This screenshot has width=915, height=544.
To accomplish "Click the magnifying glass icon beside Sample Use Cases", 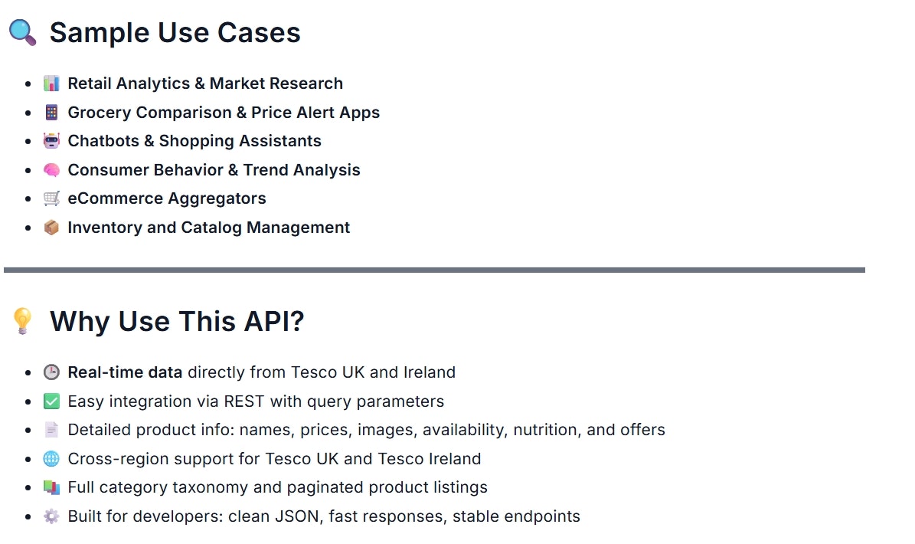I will (22, 33).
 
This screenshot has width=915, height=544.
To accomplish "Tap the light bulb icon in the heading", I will (23, 321).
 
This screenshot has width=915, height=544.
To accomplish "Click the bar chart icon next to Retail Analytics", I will (51, 84).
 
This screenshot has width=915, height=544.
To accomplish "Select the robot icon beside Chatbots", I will (51, 141).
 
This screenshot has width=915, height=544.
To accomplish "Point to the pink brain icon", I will (51, 170).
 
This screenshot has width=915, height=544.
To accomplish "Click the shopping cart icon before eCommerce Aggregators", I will (51, 198).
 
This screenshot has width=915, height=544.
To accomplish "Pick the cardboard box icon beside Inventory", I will (51, 228).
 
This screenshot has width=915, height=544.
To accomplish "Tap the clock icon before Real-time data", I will (51, 372).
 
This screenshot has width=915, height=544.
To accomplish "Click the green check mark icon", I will (51, 401).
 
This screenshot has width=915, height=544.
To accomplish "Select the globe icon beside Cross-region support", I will (51, 459).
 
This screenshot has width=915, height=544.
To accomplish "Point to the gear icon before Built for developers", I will (51, 516).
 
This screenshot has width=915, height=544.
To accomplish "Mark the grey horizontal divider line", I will (434, 270).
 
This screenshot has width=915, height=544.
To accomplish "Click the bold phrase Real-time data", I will (125, 372).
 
